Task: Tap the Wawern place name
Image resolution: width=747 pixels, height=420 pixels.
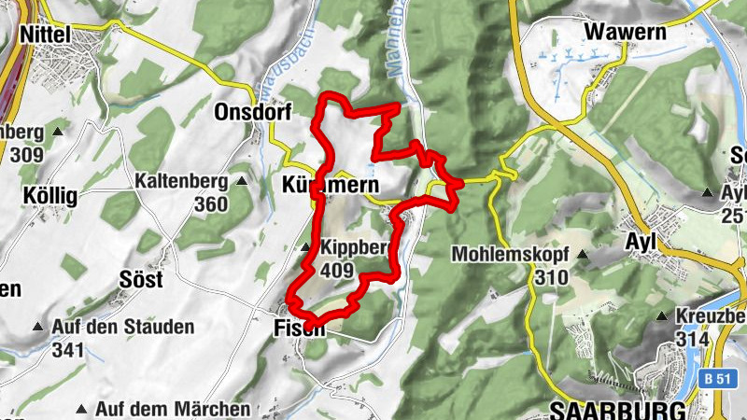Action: (x=626, y=33)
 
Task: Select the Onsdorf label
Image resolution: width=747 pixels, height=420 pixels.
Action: (x=252, y=112)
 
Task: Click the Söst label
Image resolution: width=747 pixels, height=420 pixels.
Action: (x=141, y=280)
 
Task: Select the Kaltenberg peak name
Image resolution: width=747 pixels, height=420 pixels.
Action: (x=180, y=180)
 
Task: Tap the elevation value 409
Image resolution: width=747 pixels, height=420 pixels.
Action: (x=336, y=272)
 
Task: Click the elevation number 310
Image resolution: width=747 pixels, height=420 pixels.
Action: (x=552, y=277)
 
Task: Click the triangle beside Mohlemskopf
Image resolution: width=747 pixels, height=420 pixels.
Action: (x=583, y=254)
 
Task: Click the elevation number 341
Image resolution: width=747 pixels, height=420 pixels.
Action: (x=68, y=350)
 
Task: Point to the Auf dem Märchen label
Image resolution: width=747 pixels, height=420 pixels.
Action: (x=173, y=409)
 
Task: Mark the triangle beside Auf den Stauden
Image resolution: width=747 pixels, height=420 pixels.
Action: (x=37, y=328)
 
